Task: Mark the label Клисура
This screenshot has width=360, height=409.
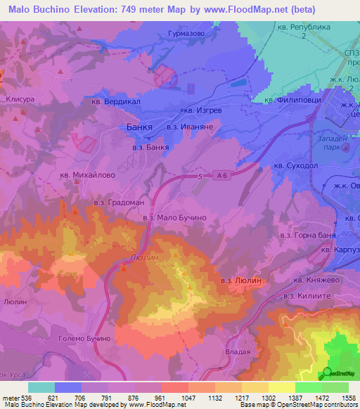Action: click(x=20, y=100)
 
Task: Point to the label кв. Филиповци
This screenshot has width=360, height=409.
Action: click(x=292, y=100)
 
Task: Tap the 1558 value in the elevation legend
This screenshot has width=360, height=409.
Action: click(x=349, y=397)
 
